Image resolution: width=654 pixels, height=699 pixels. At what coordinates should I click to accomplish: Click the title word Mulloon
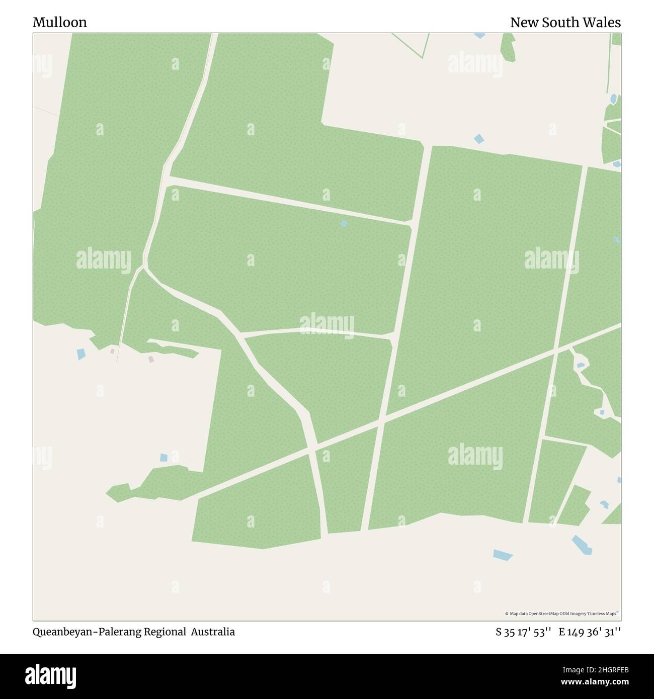pyautogui.click(x=59, y=22)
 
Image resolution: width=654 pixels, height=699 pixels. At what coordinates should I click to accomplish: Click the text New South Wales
pyautogui.click(x=565, y=22)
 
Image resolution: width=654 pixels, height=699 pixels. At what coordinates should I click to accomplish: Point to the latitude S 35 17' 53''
pyautogui.click(x=523, y=632)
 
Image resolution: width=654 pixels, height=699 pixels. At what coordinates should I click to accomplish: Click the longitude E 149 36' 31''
pyautogui.click(x=590, y=632)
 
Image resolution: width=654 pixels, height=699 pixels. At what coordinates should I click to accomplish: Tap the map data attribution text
pyautogui.click(x=561, y=614)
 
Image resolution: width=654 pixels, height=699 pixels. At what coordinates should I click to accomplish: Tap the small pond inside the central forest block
pyautogui.click(x=344, y=223)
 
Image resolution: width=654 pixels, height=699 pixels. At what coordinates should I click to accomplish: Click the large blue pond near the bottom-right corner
pyautogui.click(x=582, y=545)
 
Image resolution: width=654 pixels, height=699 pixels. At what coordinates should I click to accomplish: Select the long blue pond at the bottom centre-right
pyautogui.click(x=503, y=555)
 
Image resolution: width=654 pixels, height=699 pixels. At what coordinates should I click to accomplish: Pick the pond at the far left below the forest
pyautogui.click(x=81, y=354)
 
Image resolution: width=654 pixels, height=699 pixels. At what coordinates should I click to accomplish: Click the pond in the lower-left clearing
pyautogui.click(x=163, y=458)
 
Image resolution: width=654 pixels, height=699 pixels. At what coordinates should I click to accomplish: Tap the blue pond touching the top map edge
pyautogui.click(x=479, y=35)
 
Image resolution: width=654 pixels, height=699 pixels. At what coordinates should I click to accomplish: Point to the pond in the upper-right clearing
pyautogui.click(x=478, y=138)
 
